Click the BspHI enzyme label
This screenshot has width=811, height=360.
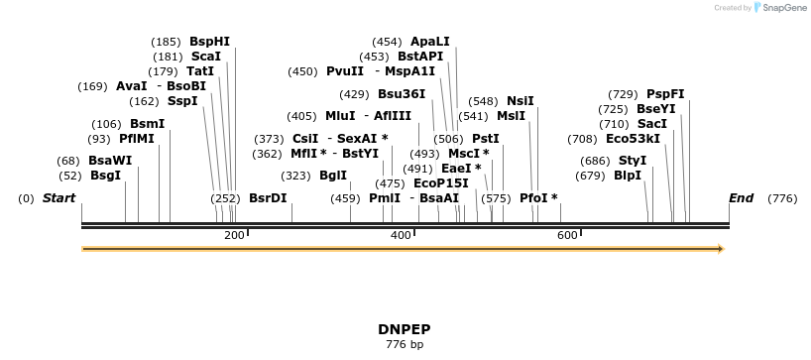(x=209, y=42)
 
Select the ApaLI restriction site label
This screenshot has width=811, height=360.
(x=429, y=42)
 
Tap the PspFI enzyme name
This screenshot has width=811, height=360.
(x=665, y=94)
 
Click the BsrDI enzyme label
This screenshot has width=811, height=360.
(x=268, y=198)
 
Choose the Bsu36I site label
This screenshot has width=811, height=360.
(x=402, y=94)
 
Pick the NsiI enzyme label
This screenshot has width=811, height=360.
(x=521, y=101)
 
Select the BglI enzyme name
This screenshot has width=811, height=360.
(x=333, y=176)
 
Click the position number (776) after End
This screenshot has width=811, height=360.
(x=782, y=198)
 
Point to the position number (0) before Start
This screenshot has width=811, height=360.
(x=26, y=198)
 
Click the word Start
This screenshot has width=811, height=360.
(x=58, y=198)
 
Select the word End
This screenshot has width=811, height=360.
(x=742, y=198)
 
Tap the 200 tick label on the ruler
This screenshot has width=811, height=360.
(x=234, y=235)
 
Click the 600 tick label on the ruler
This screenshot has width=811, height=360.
(x=567, y=235)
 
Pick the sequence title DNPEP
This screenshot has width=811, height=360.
(x=404, y=328)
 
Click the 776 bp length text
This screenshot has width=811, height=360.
(x=404, y=345)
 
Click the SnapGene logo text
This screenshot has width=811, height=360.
(x=783, y=8)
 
